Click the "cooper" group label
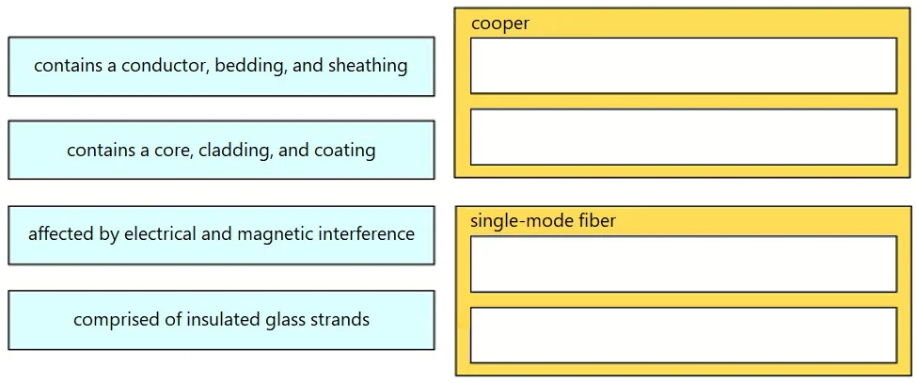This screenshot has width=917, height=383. pyautogui.click(x=500, y=24)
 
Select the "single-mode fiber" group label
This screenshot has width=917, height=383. pyautogui.click(x=544, y=222)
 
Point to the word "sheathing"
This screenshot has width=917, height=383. pyautogui.click(x=368, y=66)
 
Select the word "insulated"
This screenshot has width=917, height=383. pyautogui.click(x=224, y=320)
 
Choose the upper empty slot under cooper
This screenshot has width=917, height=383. pyautogui.click(x=683, y=66)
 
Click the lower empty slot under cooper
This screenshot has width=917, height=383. pyautogui.click(x=683, y=136)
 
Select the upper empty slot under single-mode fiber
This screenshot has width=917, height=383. pyautogui.click(x=683, y=263)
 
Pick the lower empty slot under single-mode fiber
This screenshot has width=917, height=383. pyautogui.click(x=683, y=335)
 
